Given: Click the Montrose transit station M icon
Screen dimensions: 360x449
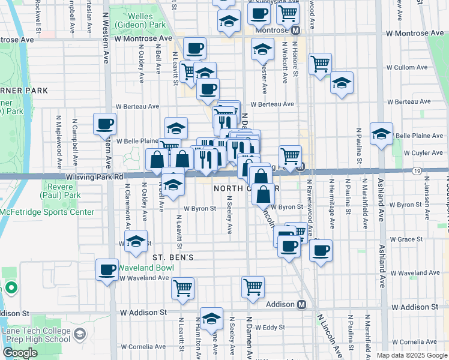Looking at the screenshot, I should (295, 30).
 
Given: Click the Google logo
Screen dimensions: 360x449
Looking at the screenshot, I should (20, 353).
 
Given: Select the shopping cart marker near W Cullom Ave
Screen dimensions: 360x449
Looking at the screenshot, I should (321, 63).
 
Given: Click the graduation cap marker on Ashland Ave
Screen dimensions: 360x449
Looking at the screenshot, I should (381, 134).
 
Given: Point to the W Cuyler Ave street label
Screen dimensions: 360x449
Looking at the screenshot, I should (424, 153).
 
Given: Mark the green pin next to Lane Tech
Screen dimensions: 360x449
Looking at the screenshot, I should (11, 289).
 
